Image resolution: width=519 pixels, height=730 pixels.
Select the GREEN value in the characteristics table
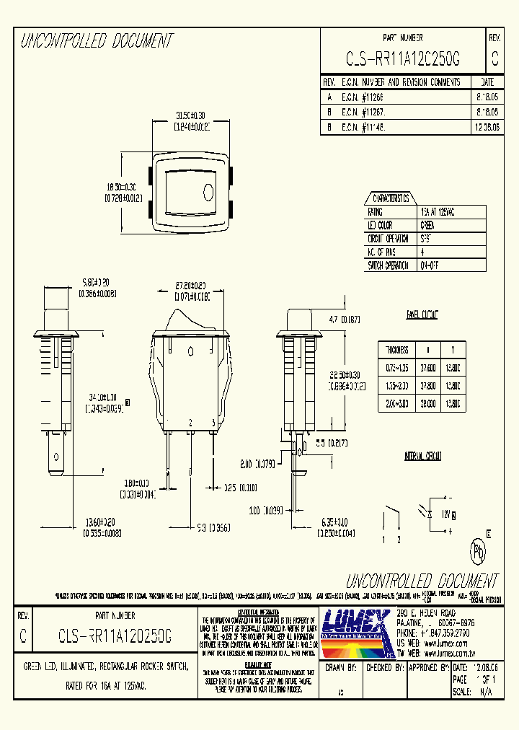coord(427,225)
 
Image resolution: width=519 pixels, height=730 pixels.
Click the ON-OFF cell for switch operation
coord(430,265)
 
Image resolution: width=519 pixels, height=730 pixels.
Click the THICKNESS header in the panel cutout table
coord(397,350)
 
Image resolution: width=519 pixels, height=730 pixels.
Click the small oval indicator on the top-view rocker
coord(209,192)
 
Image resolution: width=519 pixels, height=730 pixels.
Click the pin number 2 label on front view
coord(190,422)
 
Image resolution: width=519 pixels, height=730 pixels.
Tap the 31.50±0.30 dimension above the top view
coord(191,115)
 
